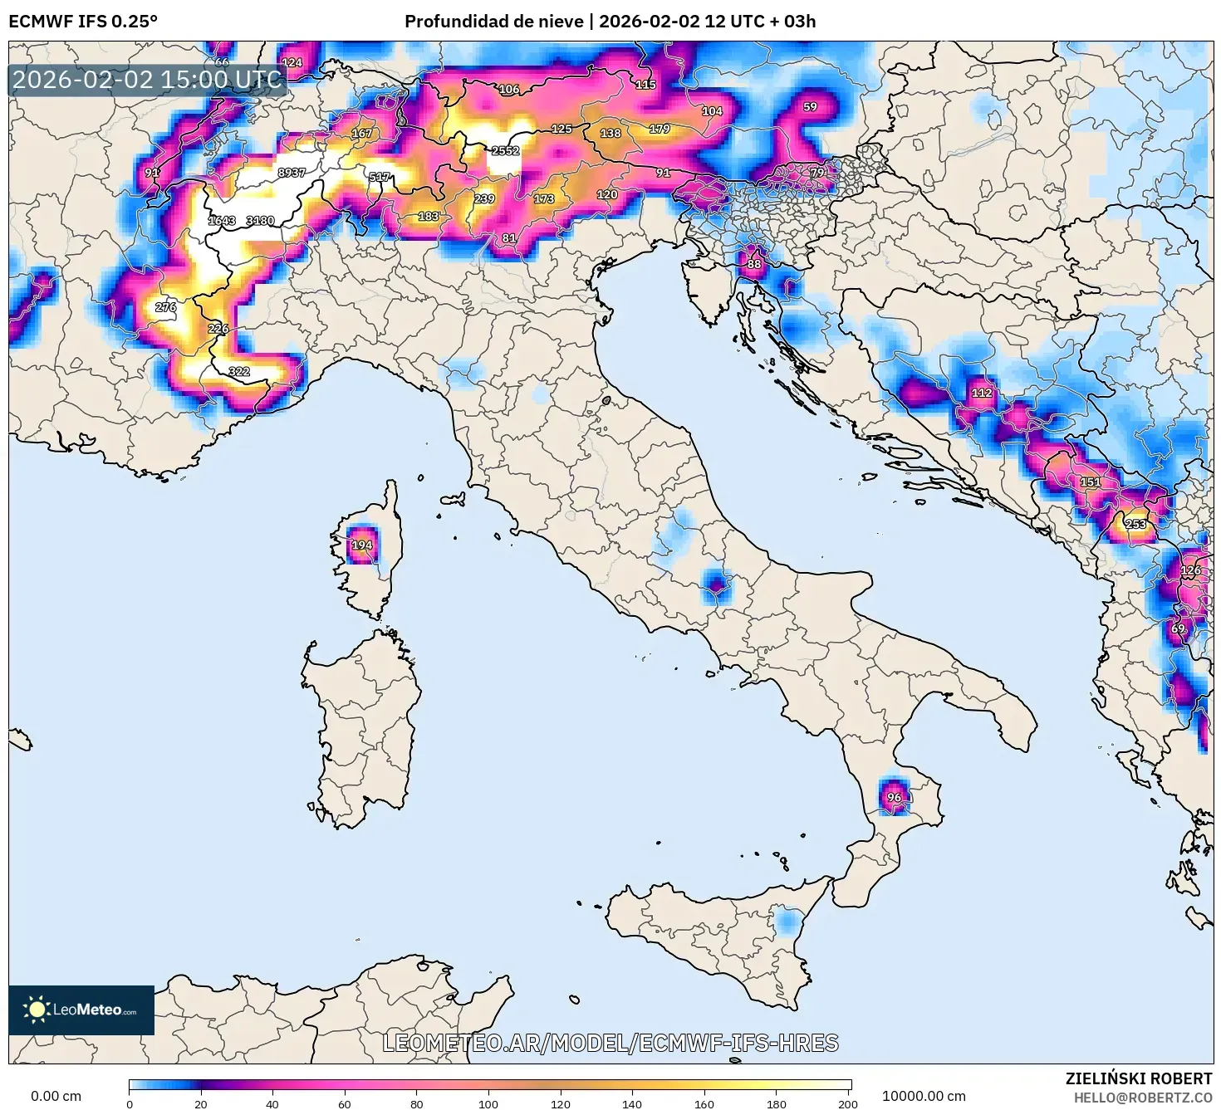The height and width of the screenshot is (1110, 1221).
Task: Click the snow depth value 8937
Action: pos(292,173)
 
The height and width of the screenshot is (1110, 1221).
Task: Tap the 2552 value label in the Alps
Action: pos(505,151)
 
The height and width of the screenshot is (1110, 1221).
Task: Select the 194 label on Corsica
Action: pos(361,545)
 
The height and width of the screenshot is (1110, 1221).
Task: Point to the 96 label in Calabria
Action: pos(894,798)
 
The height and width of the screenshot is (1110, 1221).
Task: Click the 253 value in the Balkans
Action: pos(1135,524)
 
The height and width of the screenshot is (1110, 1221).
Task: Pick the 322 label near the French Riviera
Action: pos(239,371)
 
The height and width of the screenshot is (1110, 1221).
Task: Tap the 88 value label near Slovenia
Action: pos(753,265)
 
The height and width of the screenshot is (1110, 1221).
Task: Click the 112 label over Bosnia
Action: pos(982,393)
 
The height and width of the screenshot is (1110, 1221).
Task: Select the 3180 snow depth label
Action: pos(260,221)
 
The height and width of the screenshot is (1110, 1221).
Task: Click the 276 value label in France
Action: pos(165,307)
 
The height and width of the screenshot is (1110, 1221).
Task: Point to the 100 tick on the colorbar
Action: pos(488,1103)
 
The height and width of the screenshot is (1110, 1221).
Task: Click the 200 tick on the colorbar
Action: pos(847,1103)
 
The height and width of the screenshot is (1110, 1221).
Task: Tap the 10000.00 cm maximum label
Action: pos(924,1096)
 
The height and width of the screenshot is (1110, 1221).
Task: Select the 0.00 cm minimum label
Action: pos(56,1096)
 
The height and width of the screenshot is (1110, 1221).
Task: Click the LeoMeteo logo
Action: pos(81,1010)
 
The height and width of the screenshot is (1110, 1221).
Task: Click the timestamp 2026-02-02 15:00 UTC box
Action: pos(148,80)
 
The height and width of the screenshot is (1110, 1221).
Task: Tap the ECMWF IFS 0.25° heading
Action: pos(83,22)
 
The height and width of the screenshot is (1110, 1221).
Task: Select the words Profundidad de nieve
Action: pos(493,22)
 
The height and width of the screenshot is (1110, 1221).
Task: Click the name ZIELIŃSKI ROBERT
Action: pos(1139,1078)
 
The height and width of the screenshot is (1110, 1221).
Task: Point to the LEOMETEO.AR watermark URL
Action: pos(610,1043)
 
